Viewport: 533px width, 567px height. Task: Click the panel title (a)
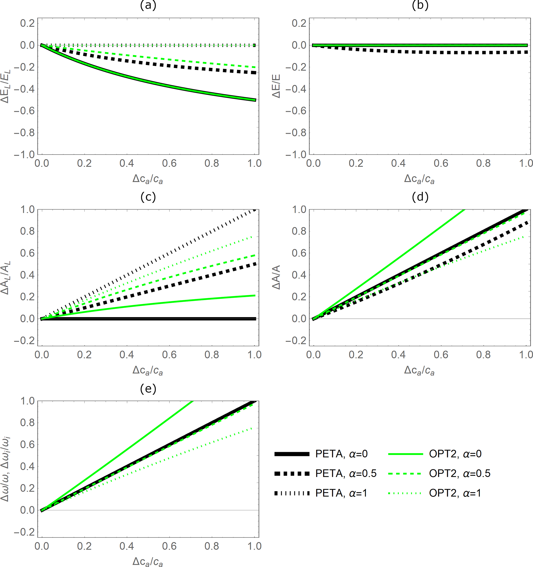148,6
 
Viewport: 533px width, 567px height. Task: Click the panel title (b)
420,6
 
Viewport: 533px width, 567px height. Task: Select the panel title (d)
420,197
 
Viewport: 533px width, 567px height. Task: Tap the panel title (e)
148,389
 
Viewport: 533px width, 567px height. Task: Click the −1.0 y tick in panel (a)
24,155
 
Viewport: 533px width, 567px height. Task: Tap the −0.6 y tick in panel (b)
296,111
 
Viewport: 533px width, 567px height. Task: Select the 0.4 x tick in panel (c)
127,355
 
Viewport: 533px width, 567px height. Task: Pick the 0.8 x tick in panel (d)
483,355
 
